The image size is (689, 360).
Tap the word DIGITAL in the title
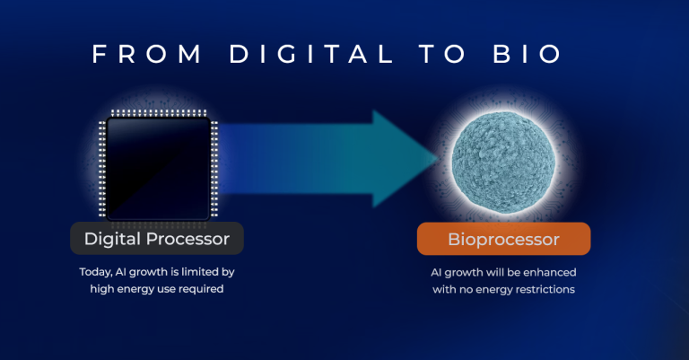(311, 53)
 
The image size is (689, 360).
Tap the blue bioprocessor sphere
(499, 159)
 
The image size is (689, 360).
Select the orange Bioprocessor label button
(503, 240)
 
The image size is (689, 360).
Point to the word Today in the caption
(94, 271)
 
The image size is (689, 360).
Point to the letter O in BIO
(552, 53)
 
